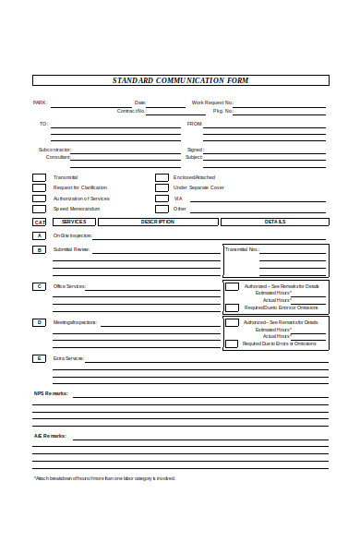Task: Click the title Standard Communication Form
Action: (180, 80)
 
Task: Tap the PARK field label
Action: (40, 102)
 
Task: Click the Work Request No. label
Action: (212, 102)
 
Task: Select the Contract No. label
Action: (130, 111)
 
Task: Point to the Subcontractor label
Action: (54, 150)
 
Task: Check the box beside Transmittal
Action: (39, 176)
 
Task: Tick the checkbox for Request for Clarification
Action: (39, 187)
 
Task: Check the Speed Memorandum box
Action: (39, 209)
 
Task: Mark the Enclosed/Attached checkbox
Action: (162, 176)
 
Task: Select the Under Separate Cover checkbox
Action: (162, 187)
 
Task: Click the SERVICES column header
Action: (74, 222)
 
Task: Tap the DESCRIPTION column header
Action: (157, 222)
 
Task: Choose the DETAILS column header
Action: (275, 222)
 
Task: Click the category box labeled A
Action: (39, 235)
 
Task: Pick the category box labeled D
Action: (39, 322)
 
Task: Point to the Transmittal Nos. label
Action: (242, 249)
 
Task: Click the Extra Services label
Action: (68, 358)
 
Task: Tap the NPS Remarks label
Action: (51, 393)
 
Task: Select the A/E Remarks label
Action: (50, 435)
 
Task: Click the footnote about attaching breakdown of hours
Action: (104, 478)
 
